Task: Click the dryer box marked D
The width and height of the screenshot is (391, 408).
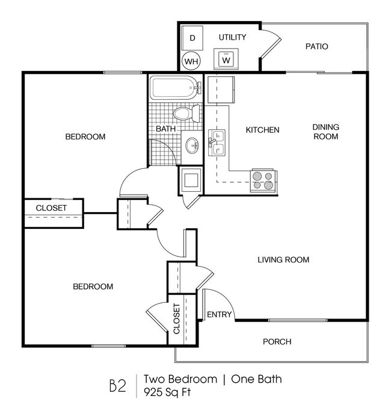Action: click(192, 38)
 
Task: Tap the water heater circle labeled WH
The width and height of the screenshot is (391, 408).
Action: click(191, 61)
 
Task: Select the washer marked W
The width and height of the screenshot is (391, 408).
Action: click(226, 60)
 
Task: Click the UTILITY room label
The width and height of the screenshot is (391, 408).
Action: click(232, 37)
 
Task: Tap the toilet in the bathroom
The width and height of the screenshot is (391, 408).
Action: click(183, 113)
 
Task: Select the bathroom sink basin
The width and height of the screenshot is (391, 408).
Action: click(193, 145)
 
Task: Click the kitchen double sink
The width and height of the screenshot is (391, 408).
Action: click(217, 143)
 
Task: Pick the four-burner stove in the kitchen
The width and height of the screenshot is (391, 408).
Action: click(263, 180)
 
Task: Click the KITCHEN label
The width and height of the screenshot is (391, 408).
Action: click(262, 130)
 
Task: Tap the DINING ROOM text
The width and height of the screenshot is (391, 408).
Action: click(326, 132)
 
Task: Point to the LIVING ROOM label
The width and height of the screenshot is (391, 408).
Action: click(283, 260)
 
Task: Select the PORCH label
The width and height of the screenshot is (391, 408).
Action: click(277, 342)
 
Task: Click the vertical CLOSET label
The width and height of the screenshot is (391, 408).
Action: click(177, 319)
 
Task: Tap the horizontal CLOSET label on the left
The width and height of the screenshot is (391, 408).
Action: click(51, 208)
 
